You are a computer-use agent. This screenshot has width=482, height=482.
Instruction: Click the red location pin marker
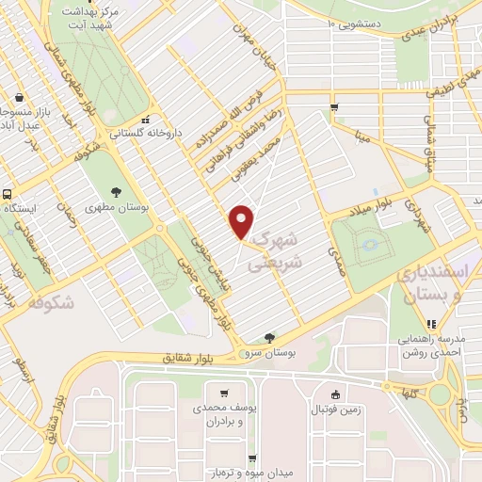click(x=242, y=221)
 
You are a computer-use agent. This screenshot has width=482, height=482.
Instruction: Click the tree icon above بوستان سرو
click(x=270, y=338)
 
